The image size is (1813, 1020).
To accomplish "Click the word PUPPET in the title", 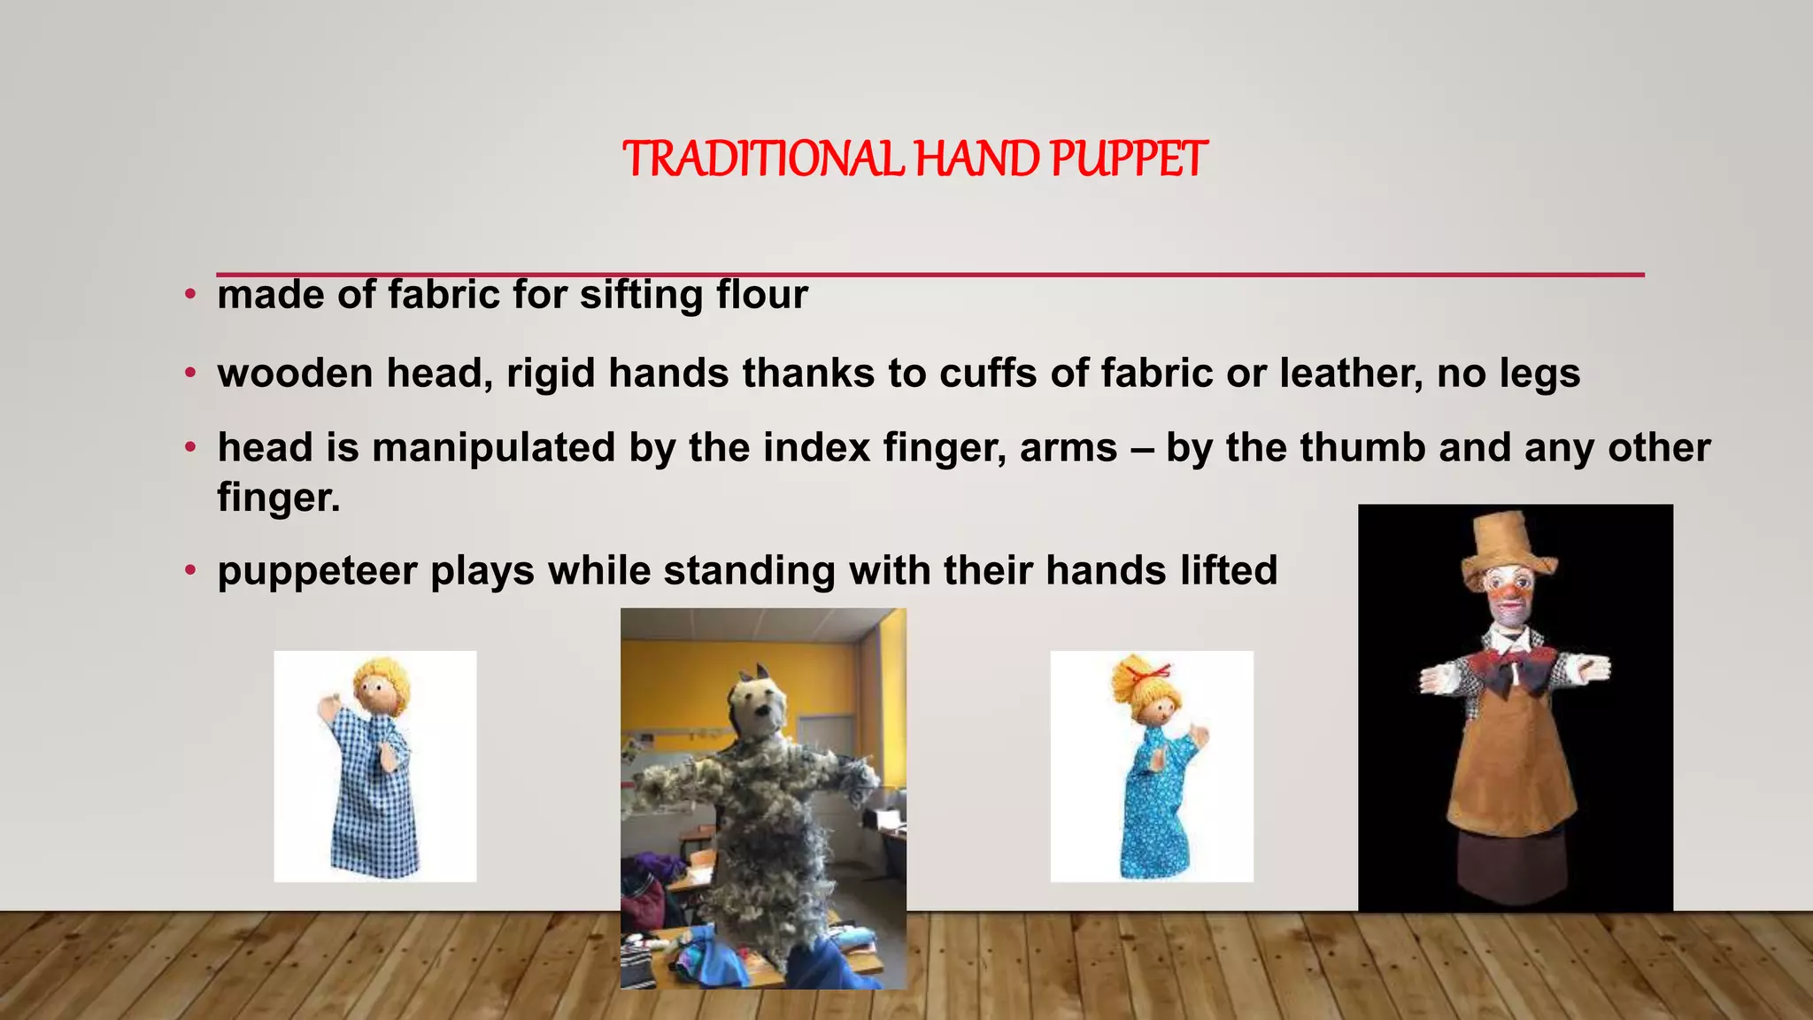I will coord(1128,159).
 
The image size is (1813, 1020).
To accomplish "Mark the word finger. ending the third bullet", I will coord(279,497).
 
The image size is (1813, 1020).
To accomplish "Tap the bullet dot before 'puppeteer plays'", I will coord(189,571).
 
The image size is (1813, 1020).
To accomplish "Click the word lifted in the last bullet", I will coord(1228,571).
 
